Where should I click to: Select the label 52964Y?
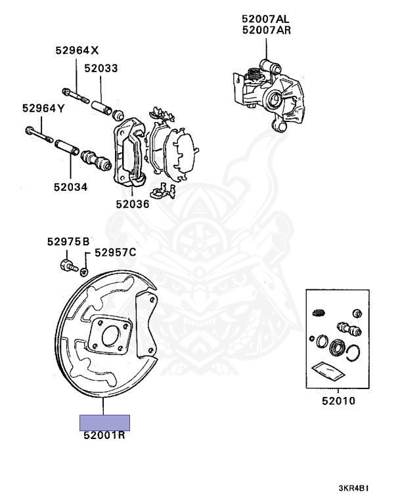(43, 108)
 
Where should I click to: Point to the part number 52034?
(71, 186)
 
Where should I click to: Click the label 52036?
(133, 203)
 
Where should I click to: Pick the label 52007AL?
(267, 19)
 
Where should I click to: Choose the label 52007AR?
(267, 30)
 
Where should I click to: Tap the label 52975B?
(68, 241)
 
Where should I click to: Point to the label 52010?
(338, 400)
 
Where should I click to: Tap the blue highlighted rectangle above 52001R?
(104, 422)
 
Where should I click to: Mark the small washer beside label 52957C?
(85, 270)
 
